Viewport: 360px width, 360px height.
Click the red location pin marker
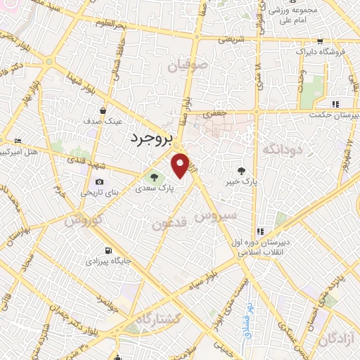coord(181,165)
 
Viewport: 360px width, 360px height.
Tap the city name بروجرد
coord(151,139)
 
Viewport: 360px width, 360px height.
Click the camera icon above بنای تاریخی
coord(99,181)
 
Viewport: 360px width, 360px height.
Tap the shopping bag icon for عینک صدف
coord(103,110)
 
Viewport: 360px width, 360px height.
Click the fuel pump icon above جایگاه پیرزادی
coord(106,250)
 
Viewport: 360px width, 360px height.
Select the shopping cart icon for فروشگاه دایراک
coord(321,41)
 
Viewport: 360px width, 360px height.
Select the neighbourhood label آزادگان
coord(337,340)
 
